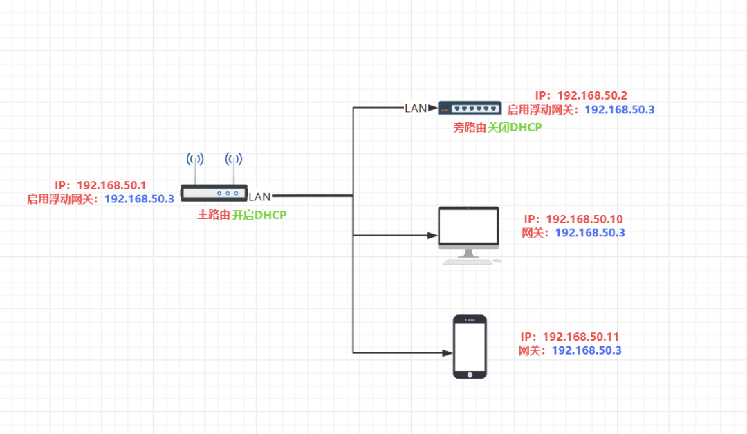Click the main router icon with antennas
(x=214, y=192)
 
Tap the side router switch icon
(x=470, y=108)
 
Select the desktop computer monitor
(x=468, y=227)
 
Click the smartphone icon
(x=470, y=346)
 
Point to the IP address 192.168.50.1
(x=111, y=185)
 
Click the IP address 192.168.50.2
(x=592, y=95)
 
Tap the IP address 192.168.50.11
(x=581, y=337)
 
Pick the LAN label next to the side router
(x=416, y=108)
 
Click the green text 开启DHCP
(x=259, y=216)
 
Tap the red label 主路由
(x=214, y=216)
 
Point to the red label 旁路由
(x=470, y=127)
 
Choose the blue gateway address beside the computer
(x=590, y=233)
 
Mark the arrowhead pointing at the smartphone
(x=446, y=353)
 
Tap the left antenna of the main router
(x=196, y=160)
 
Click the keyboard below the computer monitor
(x=468, y=262)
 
